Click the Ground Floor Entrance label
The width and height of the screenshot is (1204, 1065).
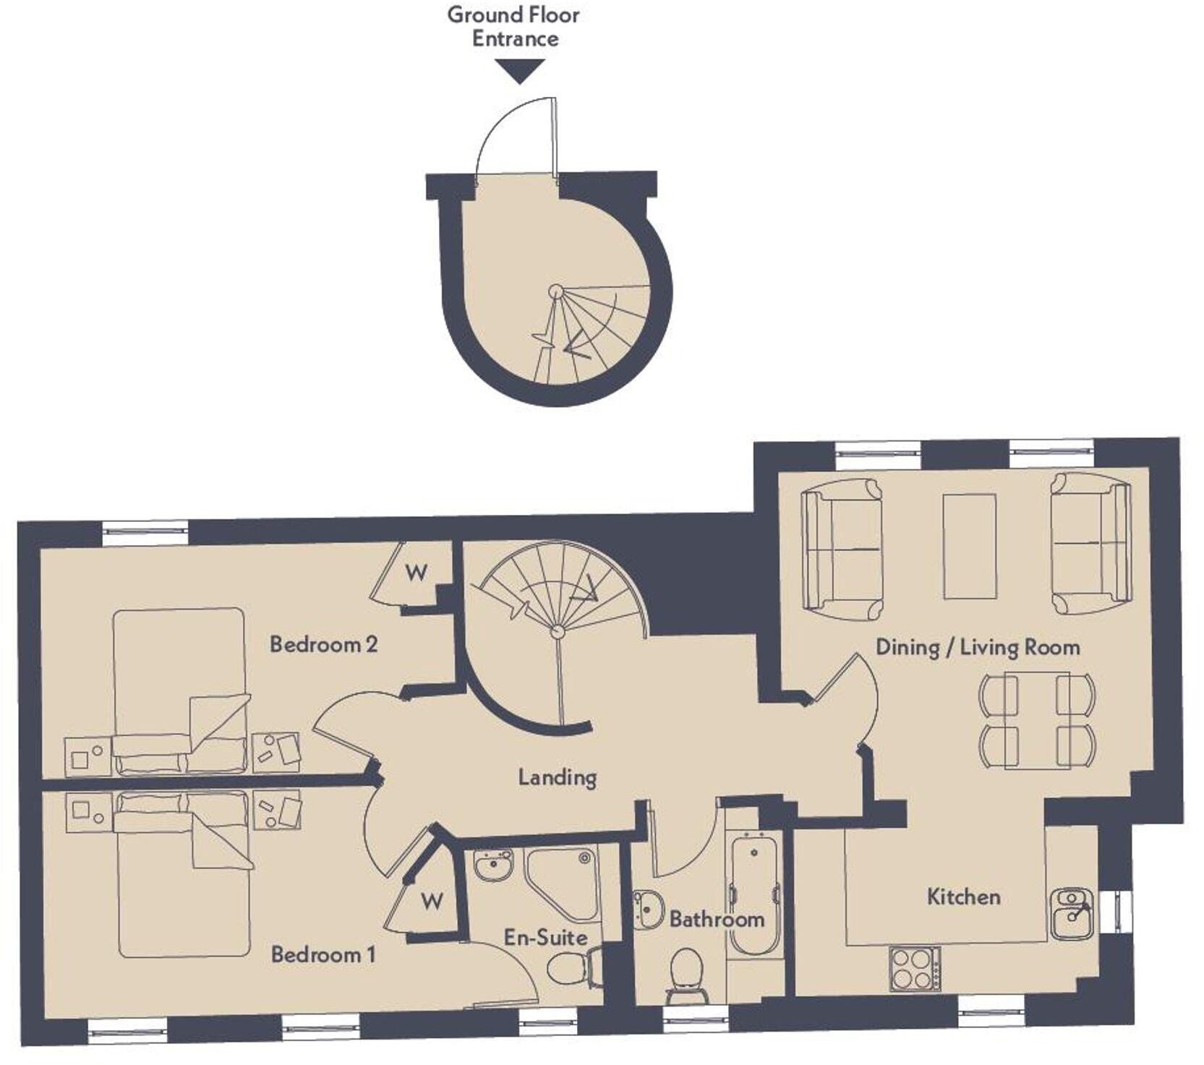click(513, 27)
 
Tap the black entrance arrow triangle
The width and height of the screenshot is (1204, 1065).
click(520, 71)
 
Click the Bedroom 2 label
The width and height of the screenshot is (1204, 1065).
click(323, 644)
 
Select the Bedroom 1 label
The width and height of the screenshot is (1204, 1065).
click(323, 954)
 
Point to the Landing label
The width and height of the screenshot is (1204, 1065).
click(557, 778)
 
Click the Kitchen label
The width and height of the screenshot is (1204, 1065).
click(963, 897)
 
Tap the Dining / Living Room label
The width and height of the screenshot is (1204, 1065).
click(978, 647)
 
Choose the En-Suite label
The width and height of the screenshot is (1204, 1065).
click(545, 938)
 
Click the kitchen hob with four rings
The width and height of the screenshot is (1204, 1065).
click(915, 969)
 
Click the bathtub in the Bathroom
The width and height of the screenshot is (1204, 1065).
click(754, 893)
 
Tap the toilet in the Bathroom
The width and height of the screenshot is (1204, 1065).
click(686, 975)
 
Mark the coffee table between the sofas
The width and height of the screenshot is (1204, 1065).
click(969, 547)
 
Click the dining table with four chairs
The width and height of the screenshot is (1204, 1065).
click(1037, 719)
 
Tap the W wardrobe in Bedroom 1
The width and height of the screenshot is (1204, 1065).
click(431, 902)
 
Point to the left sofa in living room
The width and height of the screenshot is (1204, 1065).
click(842, 548)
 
